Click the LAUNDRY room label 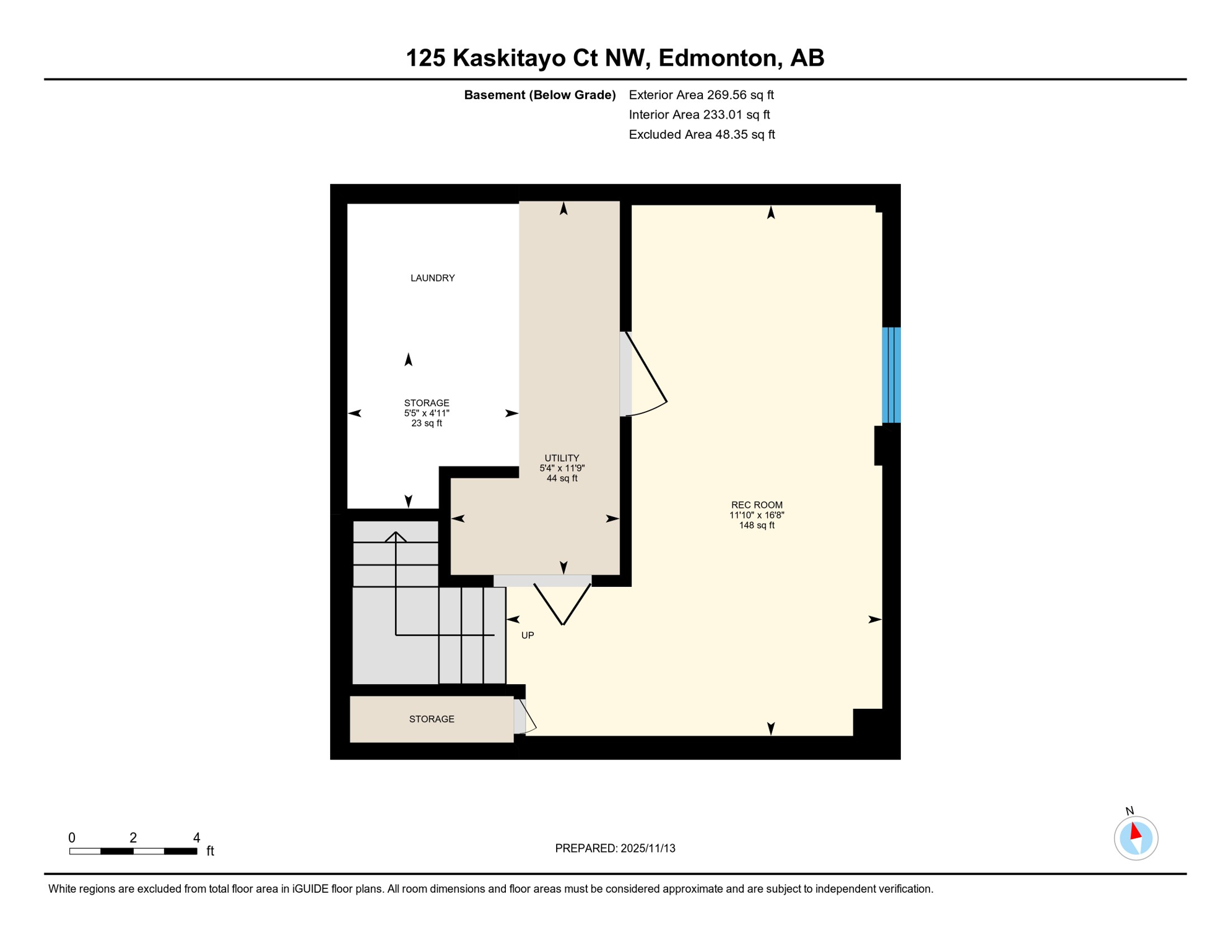point(432,278)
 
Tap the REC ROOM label point(756,505)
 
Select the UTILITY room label point(562,458)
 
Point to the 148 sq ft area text point(756,525)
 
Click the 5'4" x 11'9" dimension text point(562,468)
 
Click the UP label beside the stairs point(527,635)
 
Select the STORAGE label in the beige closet point(432,719)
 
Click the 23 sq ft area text point(427,423)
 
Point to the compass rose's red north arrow point(1135,831)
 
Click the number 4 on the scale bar point(196,838)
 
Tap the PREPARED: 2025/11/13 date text point(615,848)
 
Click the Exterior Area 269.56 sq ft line point(701,95)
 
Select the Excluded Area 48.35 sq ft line point(702,134)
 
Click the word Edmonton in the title point(717,58)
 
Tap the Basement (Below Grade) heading point(539,95)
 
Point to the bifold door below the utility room point(562,604)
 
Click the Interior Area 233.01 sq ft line point(699,115)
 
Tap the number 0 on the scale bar point(72,838)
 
